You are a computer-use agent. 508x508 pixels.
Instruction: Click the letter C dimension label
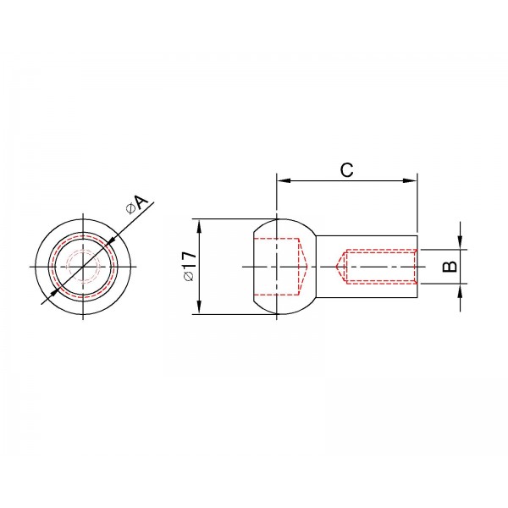pyautogui.click(x=346, y=170)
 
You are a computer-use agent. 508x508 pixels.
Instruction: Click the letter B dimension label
pyautogui.click(x=450, y=267)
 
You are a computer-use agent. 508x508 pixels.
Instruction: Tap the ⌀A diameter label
pyautogui.click(x=136, y=204)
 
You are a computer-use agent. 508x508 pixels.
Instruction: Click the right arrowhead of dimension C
pyautogui.click(x=410, y=180)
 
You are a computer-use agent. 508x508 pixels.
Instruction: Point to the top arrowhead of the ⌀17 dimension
pyautogui.click(x=199, y=226)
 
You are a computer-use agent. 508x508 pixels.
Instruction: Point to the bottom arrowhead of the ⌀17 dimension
pyautogui.click(x=199, y=307)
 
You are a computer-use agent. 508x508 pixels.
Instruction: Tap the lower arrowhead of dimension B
pyautogui.click(x=460, y=290)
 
